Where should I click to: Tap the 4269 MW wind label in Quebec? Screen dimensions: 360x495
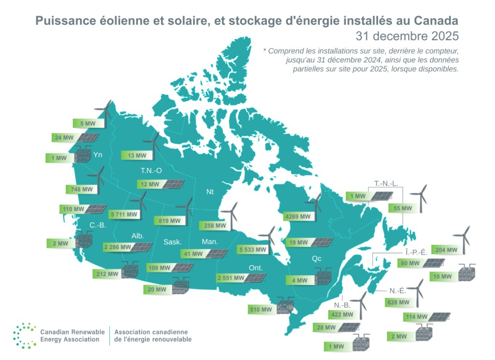(x=298, y=217)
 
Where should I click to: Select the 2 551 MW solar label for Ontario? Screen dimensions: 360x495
(x=229, y=278)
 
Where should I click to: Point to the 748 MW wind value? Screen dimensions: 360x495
(x=76, y=189)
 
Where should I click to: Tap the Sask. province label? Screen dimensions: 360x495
(x=172, y=242)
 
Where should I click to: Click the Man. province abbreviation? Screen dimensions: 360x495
(x=210, y=241)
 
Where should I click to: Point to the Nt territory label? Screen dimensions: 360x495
(x=210, y=192)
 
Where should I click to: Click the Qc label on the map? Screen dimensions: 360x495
(x=317, y=258)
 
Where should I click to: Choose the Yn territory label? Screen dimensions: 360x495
(x=98, y=155)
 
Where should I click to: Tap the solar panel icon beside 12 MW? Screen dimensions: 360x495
(x=173, y=184)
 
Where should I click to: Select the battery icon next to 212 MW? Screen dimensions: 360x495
(x=130, y=270)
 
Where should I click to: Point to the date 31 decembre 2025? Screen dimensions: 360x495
(x=407, y=36)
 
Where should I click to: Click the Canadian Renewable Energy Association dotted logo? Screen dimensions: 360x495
(x=25, y=335)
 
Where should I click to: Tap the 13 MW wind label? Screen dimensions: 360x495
(x=134, y=156)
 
